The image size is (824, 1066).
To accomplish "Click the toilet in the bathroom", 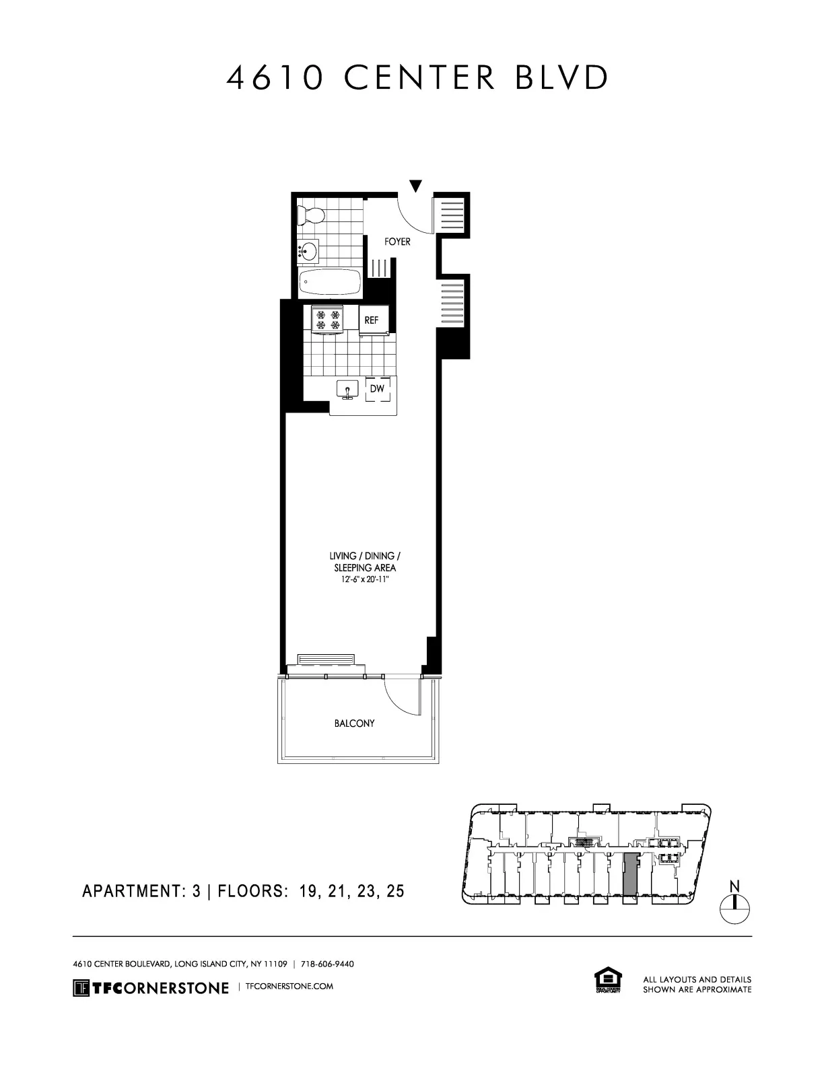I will [x=312, y=214].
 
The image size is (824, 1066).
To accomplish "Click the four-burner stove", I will [x=328, y=320].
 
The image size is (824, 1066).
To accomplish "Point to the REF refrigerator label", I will [x=372, y=320].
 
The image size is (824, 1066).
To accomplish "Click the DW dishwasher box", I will [x=377, y=389].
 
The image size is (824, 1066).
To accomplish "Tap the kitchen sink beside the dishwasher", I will [x=348, y=389].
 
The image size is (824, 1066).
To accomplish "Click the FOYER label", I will [x=397, y=242].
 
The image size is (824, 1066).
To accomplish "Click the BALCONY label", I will [x=354, y=723].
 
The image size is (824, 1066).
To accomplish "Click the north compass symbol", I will [x=734, y=909].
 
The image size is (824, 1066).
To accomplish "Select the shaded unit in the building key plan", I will [x=629, y=874].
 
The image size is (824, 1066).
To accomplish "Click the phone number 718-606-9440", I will [x=327, y=964].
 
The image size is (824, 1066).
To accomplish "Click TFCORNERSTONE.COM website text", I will [x=290, y=987].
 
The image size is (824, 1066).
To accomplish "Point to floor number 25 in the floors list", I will [x=396, y=892].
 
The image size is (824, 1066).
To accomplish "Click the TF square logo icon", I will [x=81, y=988].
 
